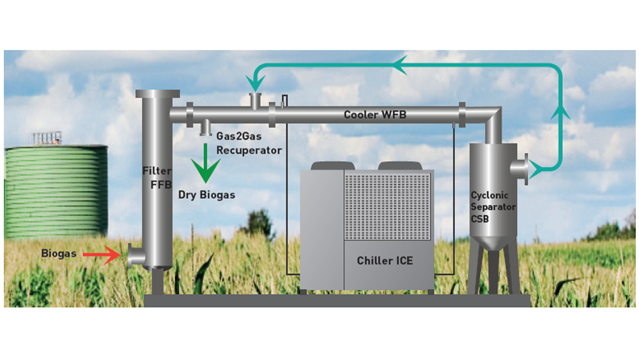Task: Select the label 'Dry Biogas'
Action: point(206,194)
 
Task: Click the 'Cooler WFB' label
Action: point(375,114)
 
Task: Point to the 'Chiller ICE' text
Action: point(385,260)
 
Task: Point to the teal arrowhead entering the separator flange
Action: point(537,169)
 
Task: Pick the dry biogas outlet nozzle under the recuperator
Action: point(205,129)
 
